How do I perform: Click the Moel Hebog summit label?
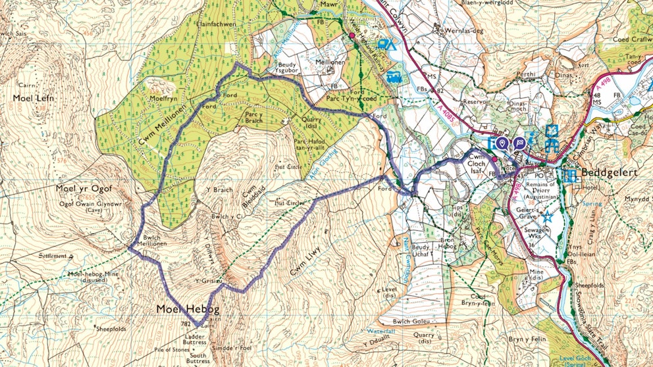coord(187,308)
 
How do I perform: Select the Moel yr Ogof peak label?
coord(84,189)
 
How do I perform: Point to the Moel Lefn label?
coord(33,98)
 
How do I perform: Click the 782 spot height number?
coord(186,324)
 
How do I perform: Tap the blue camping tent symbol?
coord(387,45)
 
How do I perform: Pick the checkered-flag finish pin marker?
coord(519,142)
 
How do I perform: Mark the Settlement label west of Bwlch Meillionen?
coord(51,256)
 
